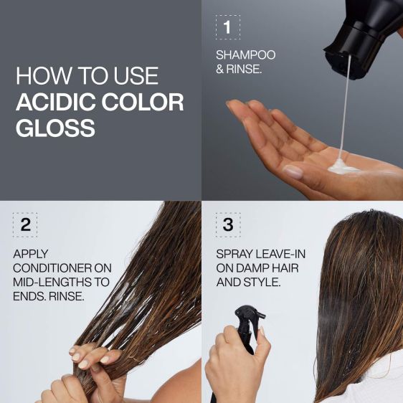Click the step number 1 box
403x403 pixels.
click(227, 27)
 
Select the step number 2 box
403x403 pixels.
click(25, 224)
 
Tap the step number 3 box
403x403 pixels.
click(227, 224)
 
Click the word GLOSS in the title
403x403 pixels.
click(55, 128)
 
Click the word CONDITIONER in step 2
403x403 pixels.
click(62, 268)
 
